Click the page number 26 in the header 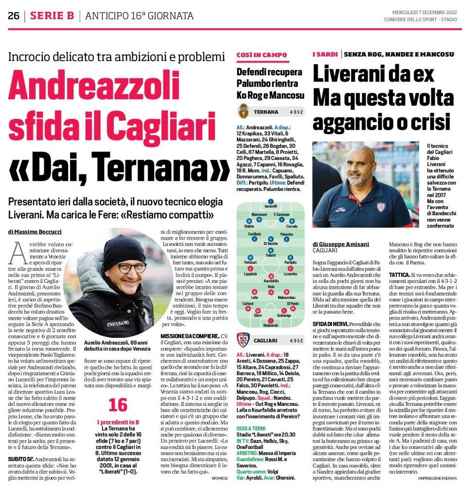click(13, 16)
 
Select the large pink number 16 click(118, 405)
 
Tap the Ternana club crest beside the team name click(244, 111)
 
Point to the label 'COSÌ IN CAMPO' click(255, 56)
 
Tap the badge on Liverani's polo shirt click(381, 207)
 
